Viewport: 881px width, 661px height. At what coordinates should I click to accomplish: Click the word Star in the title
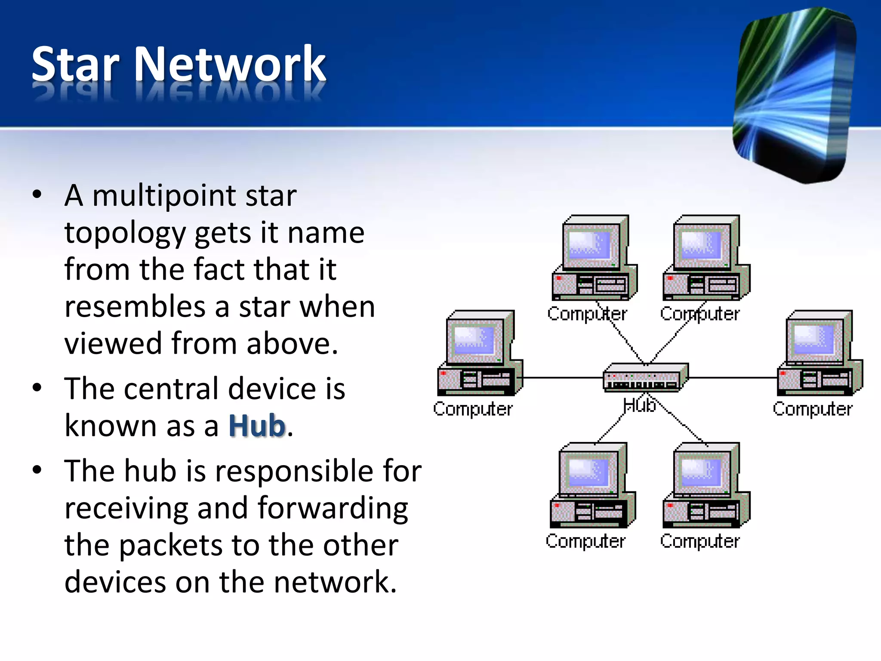[x=75, y=65]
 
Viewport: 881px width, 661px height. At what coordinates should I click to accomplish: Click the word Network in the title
[x=230, y=65]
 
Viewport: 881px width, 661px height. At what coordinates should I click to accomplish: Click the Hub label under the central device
[x=639, y=405]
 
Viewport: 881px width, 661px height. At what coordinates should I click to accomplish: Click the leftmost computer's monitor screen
[x=474, y=340]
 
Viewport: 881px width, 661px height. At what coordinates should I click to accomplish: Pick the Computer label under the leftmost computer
[x=473, y=409]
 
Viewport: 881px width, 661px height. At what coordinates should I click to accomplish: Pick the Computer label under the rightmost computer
[x=812, y=409]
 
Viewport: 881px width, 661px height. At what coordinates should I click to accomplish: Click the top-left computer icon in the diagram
[x=594, y=258]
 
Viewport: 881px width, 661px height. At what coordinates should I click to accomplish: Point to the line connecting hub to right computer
[x=731, y=378]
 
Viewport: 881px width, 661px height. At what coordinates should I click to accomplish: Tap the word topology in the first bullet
[x=125, y=234]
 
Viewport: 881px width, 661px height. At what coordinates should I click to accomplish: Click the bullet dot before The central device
[x=37, y=388]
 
